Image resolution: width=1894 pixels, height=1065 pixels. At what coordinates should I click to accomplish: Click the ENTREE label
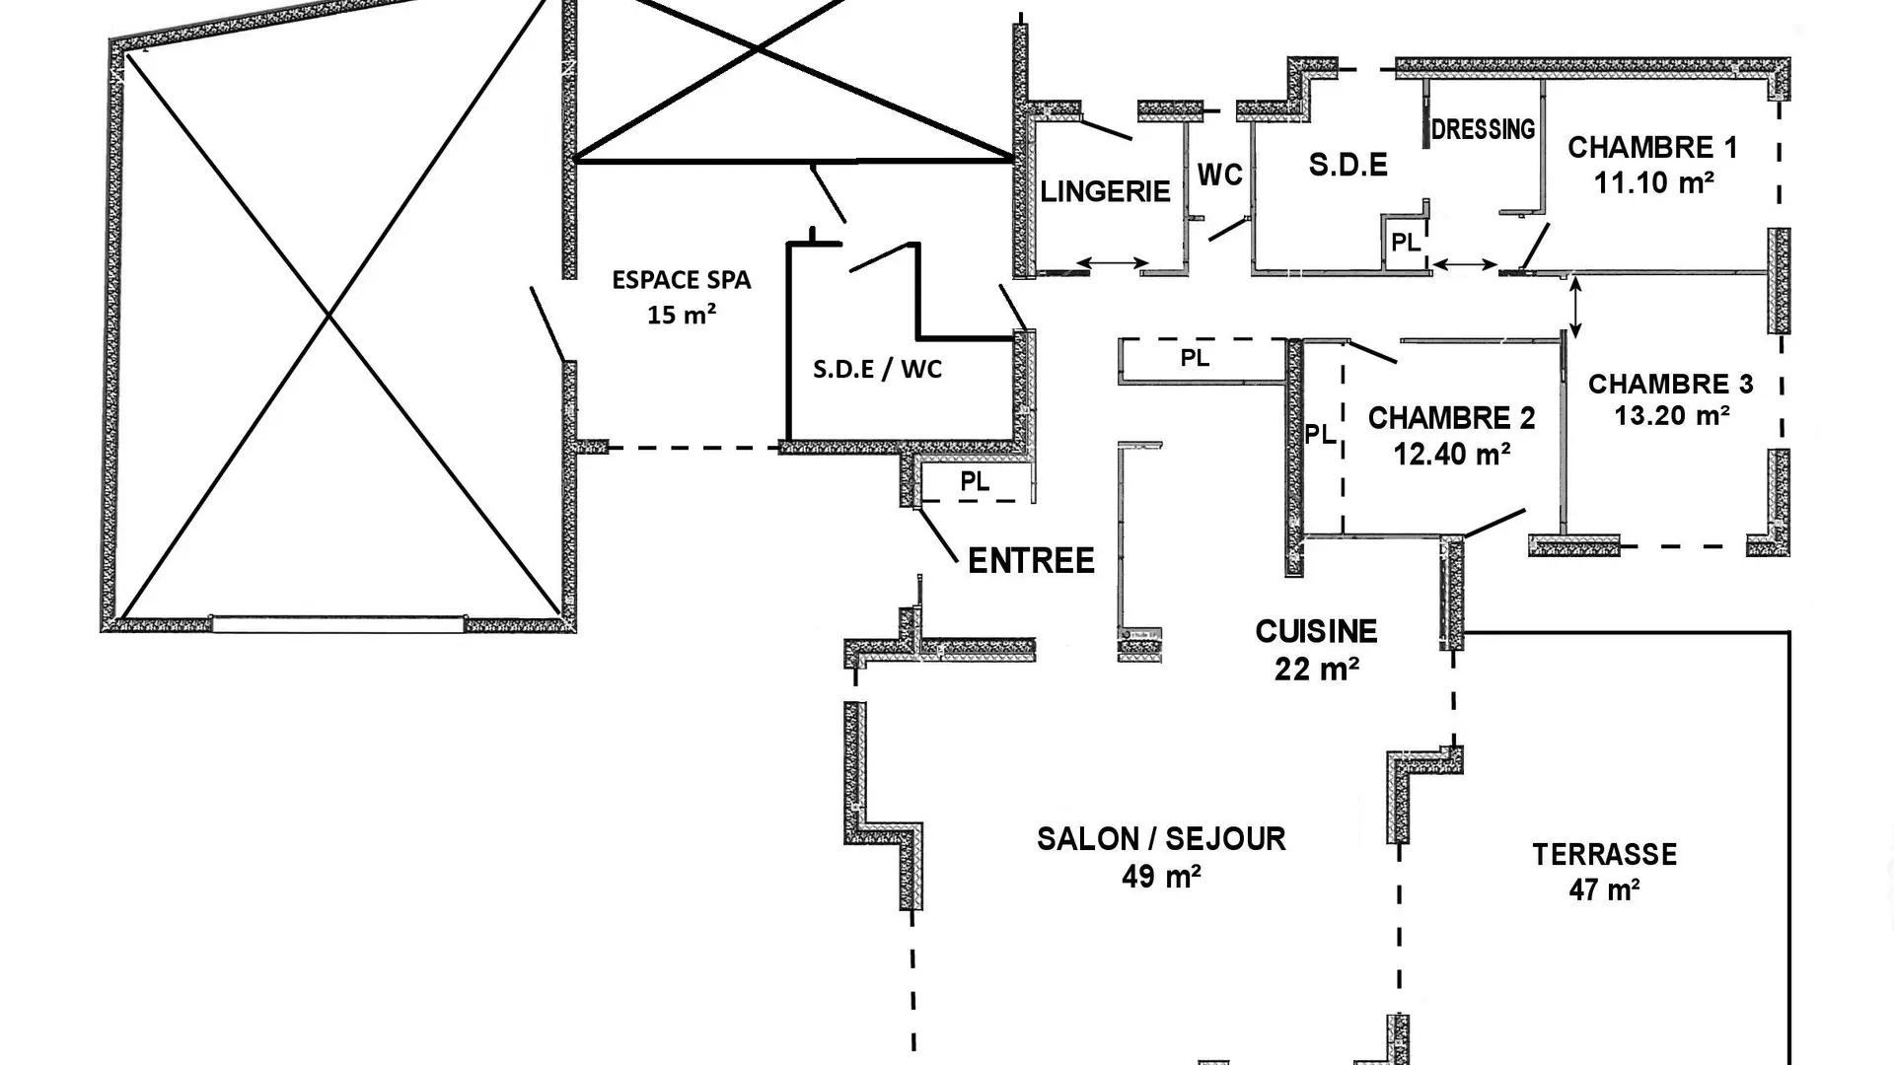[1031, 561]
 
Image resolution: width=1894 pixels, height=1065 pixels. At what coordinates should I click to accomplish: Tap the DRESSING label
[1483, 129]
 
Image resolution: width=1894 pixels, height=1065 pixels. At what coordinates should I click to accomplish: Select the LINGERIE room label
[1105, 191]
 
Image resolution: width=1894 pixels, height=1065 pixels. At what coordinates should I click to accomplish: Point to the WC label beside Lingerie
[1220, 175]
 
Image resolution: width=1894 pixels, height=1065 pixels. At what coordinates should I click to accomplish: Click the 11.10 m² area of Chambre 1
[1653, 182]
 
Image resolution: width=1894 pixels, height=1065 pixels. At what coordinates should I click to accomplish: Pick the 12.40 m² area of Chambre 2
[1452, 454]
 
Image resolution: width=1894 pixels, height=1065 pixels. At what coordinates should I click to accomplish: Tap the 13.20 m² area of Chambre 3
[1672, 415]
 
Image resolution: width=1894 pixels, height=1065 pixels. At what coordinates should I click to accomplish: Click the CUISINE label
[1316, 631]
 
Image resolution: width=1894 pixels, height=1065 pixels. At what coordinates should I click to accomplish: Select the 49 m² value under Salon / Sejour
[1161, 876]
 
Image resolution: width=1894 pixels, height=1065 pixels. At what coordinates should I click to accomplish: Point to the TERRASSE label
[1604, 854]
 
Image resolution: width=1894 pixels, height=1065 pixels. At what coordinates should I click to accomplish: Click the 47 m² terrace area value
[1604, 889]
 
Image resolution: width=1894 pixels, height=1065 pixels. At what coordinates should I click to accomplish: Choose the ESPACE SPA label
[682, 280]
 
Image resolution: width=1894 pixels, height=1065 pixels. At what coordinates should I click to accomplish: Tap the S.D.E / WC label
[877, 369]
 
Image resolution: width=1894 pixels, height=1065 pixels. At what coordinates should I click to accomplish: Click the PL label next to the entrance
[975, 481]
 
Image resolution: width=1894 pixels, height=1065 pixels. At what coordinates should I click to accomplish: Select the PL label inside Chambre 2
[1319, 434]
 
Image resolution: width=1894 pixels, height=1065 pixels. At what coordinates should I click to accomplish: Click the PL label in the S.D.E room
[1406, 242]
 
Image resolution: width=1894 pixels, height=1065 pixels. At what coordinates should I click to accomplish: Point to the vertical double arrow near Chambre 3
[1575, 308]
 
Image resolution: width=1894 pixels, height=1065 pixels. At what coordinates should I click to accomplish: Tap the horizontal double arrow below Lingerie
[1113, 263]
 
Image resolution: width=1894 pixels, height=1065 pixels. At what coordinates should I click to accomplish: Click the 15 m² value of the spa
[682, 315]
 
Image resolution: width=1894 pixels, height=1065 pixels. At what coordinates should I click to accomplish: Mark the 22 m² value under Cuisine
[1317, 669]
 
